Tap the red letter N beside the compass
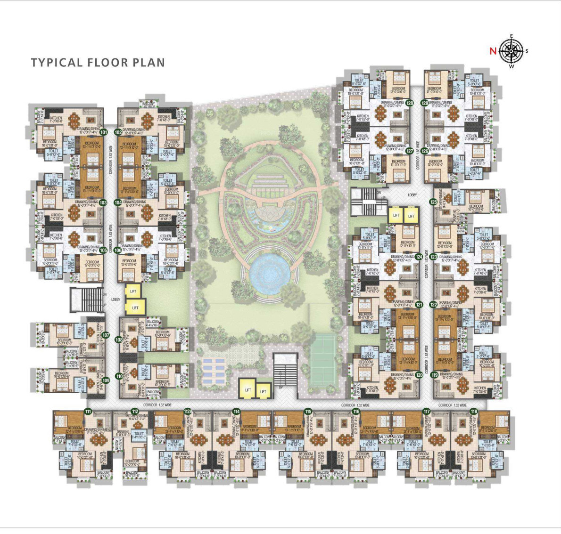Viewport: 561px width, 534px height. (493, 51)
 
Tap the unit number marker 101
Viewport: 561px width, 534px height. (104, 132)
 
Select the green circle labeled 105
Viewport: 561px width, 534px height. (103, 250)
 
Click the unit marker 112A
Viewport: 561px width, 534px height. (187, 412)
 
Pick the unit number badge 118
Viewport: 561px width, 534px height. (474, 412)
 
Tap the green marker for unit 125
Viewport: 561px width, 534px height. (433, 202)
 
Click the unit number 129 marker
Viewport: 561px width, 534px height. (425, 103)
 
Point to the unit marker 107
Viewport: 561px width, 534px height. (106, 335)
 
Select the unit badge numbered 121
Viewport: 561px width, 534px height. (419, 305)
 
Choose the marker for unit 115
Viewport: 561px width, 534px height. (308, 412)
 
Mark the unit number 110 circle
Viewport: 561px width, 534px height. (119, 376)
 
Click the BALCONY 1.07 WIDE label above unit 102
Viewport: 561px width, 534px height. (148, 104)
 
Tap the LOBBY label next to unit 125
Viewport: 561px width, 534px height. (413, 194)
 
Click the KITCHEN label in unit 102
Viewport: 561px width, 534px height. (164, 116)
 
